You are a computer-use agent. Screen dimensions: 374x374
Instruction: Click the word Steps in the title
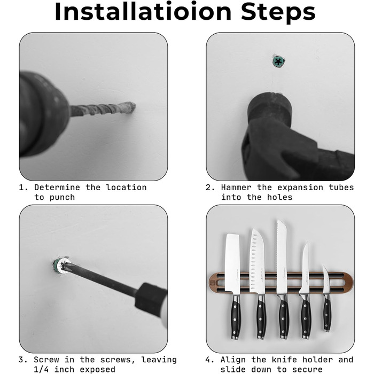point(278,12)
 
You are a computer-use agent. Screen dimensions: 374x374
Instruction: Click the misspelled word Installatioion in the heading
point(143,11)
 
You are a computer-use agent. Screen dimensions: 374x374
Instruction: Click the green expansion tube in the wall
point(278,61)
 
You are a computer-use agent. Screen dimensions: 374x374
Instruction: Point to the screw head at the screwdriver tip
point(61,266)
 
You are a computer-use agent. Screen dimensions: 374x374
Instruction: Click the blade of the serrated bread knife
point(282,256)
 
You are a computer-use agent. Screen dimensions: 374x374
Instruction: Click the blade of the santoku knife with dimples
point(257,261)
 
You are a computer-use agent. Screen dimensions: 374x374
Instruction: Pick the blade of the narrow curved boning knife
point(305,268)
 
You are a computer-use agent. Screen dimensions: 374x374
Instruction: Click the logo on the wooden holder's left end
point(213,283)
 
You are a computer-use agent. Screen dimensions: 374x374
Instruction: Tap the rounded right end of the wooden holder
point(349,283)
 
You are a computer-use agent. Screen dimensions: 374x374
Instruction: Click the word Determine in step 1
point(57,188)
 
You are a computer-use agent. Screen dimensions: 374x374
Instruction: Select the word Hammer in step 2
point(236,188)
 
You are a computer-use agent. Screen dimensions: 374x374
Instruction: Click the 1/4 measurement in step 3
point(41,369)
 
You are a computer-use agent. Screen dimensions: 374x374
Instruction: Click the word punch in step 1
point(62,198)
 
